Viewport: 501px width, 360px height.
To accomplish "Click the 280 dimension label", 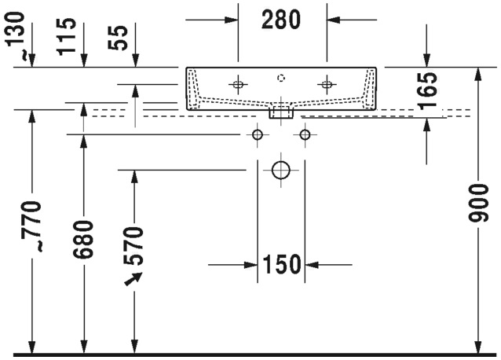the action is coord(281,20).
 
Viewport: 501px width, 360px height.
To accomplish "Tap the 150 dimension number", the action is coord(281,264).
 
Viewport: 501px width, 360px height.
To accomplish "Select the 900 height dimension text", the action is coord(478,203).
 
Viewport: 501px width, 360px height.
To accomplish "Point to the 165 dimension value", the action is coord(427,91).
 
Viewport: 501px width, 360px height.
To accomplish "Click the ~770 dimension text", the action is coord(31,226).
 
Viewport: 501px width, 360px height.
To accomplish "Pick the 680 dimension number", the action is coord(83,239).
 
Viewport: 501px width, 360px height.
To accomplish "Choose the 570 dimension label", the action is coord(133,245).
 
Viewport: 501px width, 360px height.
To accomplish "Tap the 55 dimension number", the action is coord(118,38).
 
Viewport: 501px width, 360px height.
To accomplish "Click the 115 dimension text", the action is coord(67,37).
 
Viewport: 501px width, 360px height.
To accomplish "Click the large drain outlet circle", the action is coord(281,170).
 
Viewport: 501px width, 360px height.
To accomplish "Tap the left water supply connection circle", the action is coord(258,134).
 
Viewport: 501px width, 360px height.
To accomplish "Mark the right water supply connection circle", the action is coord(305,134).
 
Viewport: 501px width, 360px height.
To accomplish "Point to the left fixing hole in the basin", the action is coord(238,85).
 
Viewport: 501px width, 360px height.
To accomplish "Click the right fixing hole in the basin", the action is coord(327,85).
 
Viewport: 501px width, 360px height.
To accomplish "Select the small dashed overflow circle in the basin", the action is coord(281,78).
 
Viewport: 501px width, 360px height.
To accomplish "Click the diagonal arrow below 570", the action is coord(133,279).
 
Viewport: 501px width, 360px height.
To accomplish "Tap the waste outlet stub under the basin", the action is coord(281,113).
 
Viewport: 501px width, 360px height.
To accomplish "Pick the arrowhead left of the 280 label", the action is coord(231,20).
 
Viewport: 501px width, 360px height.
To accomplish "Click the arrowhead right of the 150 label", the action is coord(313,265).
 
